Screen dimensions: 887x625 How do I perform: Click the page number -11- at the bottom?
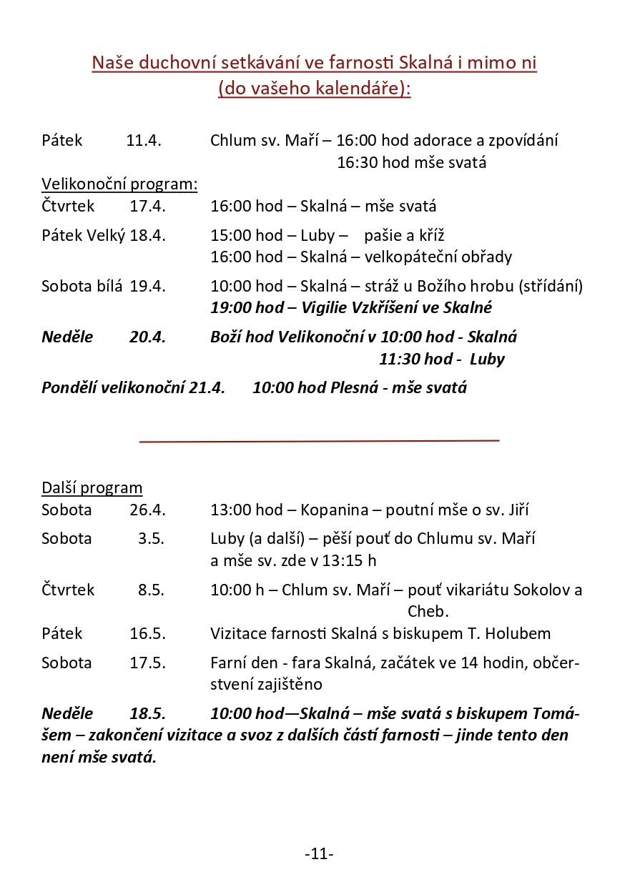coord(319,853)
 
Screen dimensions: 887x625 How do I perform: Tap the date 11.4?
coord(144,140)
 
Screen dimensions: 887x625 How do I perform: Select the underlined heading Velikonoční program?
coord(119,184)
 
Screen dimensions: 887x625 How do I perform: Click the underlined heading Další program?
coord(92,487)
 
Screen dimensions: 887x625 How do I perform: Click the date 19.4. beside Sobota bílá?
coord(147,286)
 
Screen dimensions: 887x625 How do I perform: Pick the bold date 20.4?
coord(147,337)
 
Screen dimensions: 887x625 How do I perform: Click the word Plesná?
coord(353,387)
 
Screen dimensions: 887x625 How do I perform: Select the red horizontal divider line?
coord(319,441)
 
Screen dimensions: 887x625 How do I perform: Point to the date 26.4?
coord(147,510)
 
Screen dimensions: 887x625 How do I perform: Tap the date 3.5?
coord(151,538)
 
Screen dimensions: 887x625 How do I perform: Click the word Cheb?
coord(428,611)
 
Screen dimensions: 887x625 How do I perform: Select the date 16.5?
coord(147,633)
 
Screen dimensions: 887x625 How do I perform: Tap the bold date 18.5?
coord(147,713)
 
